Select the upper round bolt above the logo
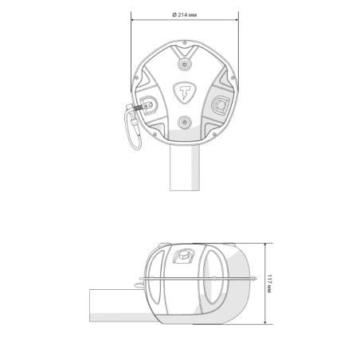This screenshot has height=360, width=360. pyautogui.click(x=184, y=63)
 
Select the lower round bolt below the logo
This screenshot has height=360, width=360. pyautogui.click(x=184, y=123)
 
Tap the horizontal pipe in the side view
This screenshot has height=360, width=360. pyautogui.click(x=116, y=302)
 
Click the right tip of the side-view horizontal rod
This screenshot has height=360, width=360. pyautogui.click(x=253, y=278)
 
